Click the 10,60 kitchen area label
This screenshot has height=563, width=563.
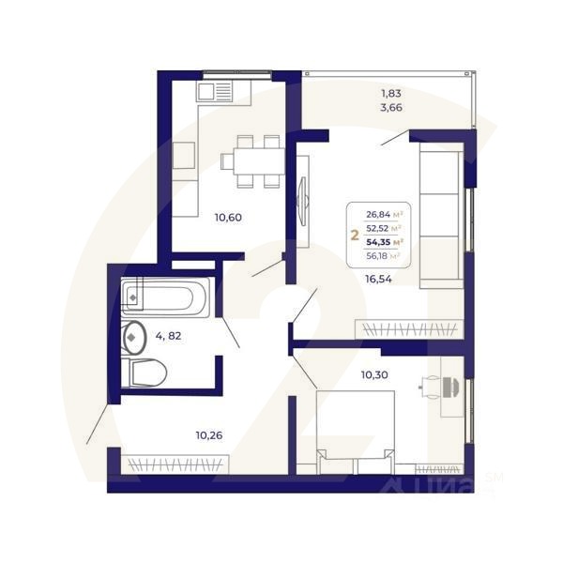coord(228,218)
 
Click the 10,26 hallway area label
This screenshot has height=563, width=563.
coord(209,434)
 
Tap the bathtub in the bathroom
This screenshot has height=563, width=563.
coord(165,298)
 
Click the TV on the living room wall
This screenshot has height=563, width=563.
coord(301,198)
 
